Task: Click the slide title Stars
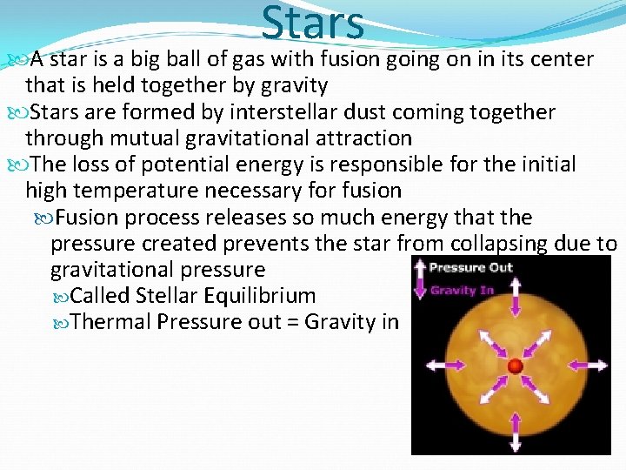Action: [313, 23]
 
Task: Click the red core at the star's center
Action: [514, 366]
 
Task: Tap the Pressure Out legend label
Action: [470, 268]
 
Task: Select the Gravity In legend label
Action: [462, 290]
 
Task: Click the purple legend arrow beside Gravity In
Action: [420, 291]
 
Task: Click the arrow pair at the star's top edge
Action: [514, 318]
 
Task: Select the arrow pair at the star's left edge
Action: [448, 366]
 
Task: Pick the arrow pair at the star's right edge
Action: [580, 366]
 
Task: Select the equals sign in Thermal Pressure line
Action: [293, 322]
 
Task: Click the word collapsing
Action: [514, 244]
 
